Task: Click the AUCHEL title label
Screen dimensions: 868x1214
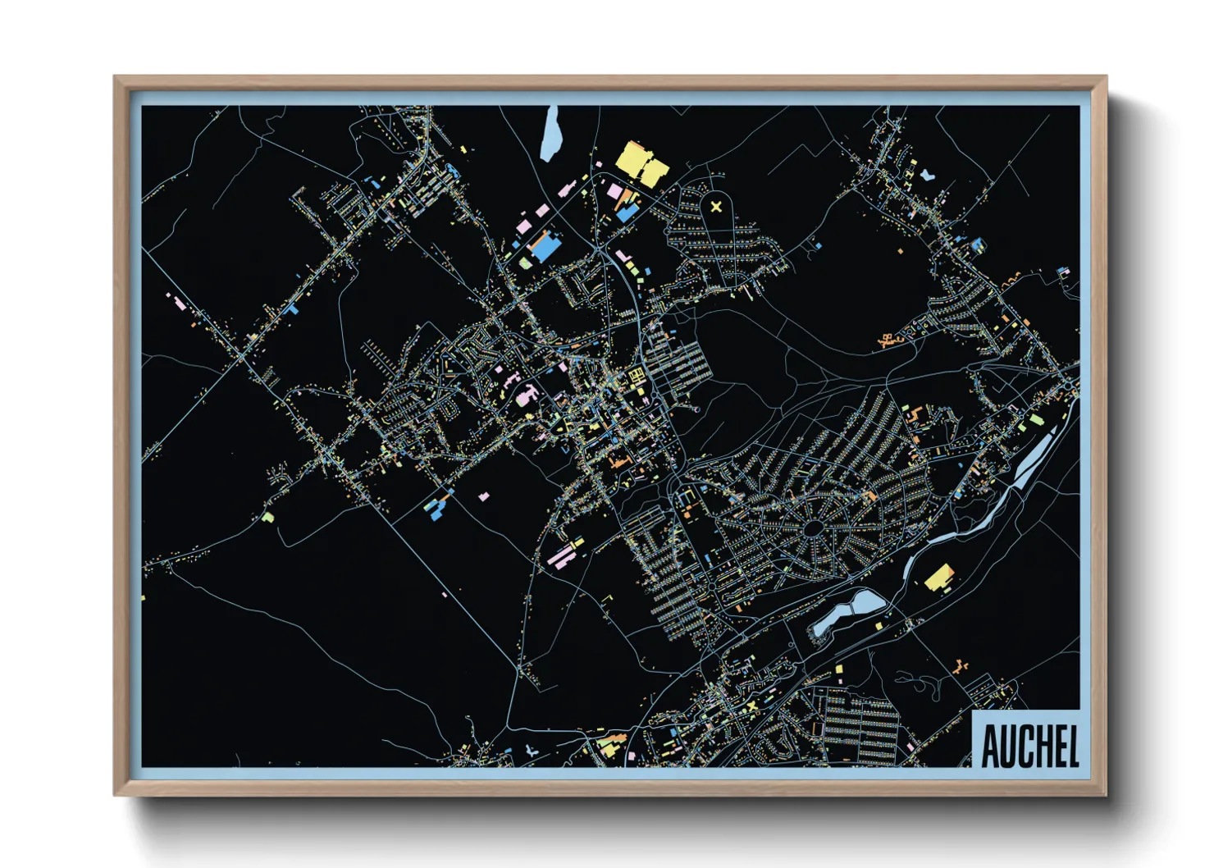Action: click(x=1029, y=744)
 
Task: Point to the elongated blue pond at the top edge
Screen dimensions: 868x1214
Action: click(x=550, y=133)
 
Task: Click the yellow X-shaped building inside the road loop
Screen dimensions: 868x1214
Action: click(x=716, y=207)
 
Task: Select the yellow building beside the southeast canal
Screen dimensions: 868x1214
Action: click(x=939, y=578)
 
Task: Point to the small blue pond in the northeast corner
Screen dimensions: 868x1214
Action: click(x=927, y=175)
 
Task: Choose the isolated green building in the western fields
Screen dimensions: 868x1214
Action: click(x=267, y=518)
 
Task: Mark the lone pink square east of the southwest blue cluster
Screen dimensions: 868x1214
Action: click(x=484, y=496)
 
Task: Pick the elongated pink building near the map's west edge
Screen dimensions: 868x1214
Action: click(x=179, y=303)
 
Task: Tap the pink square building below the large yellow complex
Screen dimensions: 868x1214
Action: click(x=614, y=191)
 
